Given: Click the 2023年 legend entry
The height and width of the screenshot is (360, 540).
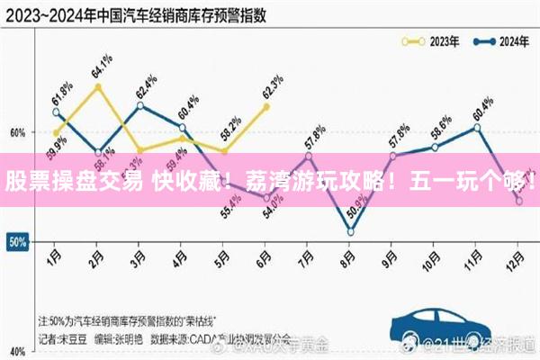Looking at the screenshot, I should tap(431, 40).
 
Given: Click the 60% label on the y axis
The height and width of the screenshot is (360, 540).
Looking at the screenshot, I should tap(17, 132).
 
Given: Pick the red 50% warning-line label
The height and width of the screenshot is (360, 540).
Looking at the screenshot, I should tap(17, 242).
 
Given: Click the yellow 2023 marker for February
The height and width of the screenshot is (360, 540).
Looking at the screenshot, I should tap(97, 86).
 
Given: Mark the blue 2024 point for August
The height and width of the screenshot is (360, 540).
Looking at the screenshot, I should tap(350, 232).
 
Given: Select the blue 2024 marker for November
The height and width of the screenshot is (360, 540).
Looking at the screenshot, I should tap(477, 127).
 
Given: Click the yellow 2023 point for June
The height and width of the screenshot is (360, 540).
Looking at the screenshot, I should tap(266, 106).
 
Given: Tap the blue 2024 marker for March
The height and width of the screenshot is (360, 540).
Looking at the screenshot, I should tap(139, 105).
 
